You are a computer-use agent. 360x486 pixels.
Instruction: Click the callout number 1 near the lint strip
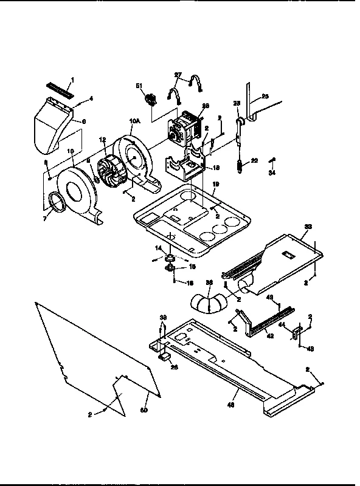click(x=73, y=79)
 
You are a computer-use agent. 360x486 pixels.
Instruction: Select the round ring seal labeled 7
click(x=57, y=202)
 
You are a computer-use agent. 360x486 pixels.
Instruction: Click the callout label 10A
click(x=134, y=122)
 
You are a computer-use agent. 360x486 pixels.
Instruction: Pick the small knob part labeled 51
click(x=147, y=98)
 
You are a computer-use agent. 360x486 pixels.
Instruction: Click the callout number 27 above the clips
click(x=178, y=75)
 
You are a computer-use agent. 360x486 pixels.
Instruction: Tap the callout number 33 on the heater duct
click(x=308, y=226)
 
